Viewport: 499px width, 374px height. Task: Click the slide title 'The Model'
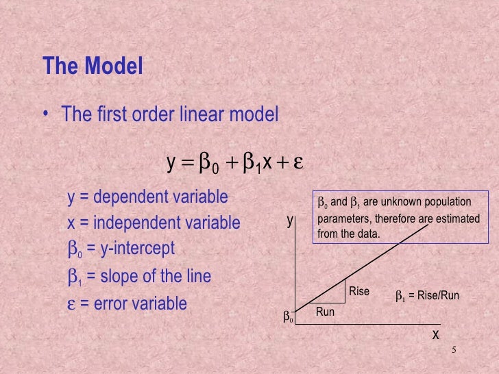(93, 66)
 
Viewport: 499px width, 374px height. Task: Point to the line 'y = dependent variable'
(147, 197)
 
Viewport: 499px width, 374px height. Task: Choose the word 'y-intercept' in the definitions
(136, 248)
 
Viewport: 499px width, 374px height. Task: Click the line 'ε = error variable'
(127, 303)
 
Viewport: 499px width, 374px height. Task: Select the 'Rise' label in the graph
(359, 292)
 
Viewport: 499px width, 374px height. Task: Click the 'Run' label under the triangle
(325, 312)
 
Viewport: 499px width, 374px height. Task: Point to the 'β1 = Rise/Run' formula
(426, 296)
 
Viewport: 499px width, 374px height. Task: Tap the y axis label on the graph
(290, 221)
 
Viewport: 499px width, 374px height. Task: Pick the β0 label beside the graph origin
(288, 317)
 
